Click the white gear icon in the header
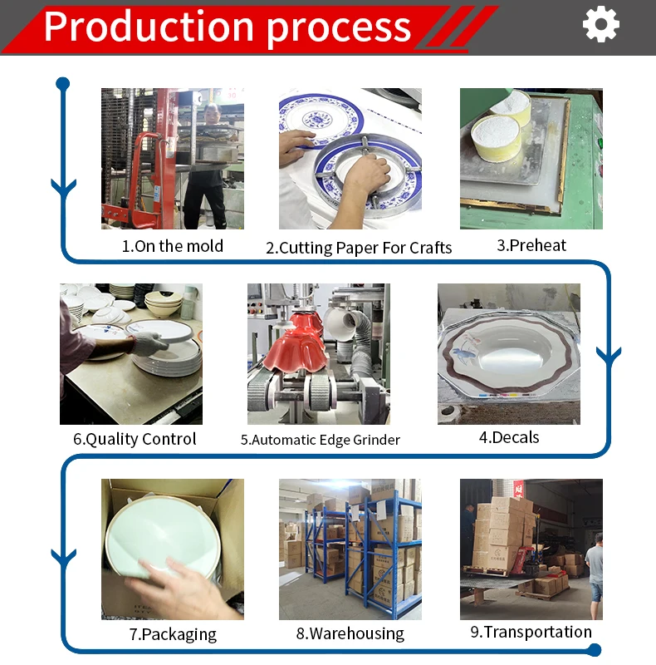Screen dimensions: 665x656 601,24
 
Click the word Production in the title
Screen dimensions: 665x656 150,26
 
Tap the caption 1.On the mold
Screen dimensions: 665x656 173,246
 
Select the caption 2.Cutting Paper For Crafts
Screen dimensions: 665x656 359,247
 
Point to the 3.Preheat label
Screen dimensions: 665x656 531,245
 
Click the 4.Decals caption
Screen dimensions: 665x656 509,437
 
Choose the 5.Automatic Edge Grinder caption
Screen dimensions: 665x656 321,440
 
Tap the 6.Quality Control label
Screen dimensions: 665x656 135,439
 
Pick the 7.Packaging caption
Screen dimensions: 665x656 173,634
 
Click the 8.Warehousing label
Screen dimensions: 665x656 350,633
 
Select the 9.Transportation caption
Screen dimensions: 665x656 531,632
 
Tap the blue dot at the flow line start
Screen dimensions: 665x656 62,83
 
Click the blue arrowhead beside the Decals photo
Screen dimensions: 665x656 609,356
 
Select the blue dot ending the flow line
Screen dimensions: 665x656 608,650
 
